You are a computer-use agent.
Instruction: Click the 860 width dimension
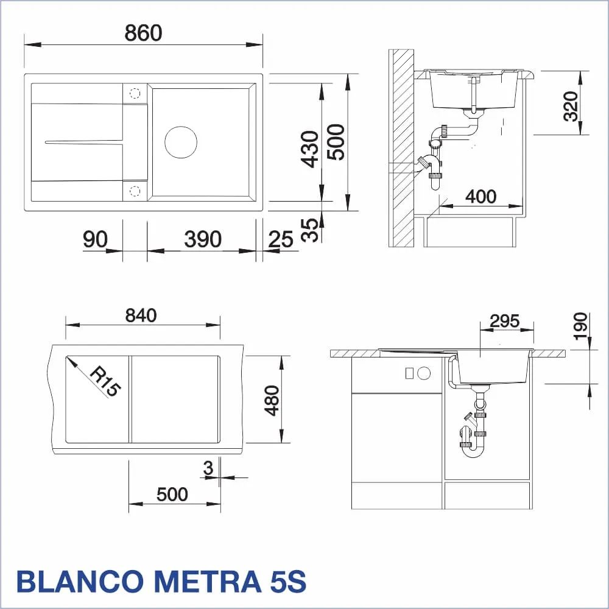(143, 33)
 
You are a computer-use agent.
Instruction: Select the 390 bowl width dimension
(203, 239)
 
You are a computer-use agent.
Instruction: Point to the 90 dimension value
(95, 239)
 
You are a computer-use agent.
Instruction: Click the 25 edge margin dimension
(280, 239)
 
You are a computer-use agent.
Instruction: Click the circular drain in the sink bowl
(181, 142)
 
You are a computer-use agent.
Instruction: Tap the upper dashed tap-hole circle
(135, 93)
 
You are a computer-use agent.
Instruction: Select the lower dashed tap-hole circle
(135, 191)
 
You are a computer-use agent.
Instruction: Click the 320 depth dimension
(571, 106)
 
